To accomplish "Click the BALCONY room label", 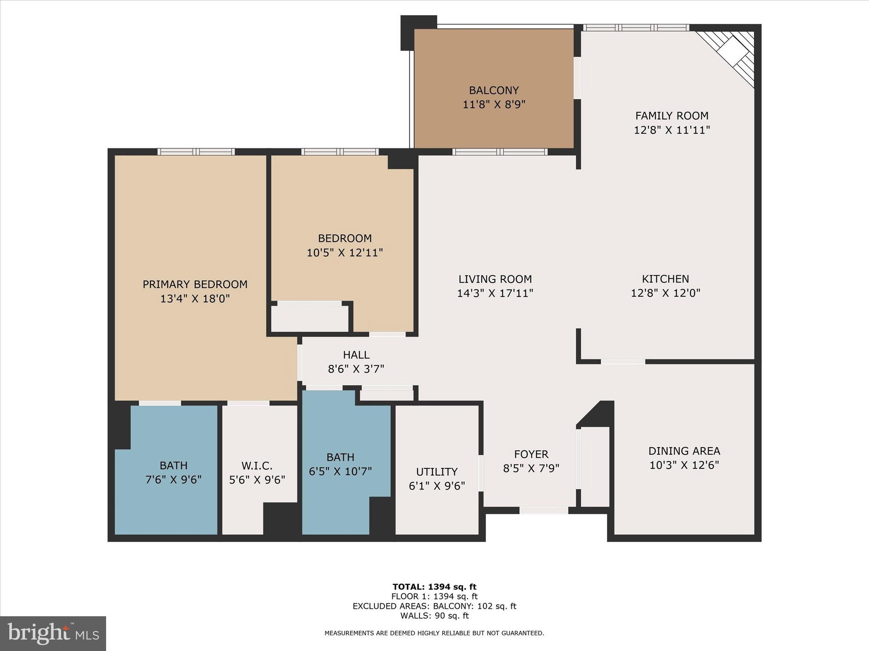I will click(x=493, y=90).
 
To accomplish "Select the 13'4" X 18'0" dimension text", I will click(x=195, y=299).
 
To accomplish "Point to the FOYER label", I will click(x=531, y=454).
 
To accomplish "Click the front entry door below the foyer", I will click(x=544, y=511).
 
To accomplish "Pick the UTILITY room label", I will click(x=437, y=472).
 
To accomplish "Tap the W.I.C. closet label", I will click(x=257, y=466).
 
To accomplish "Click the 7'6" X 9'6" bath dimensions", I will click(x=173, y=480).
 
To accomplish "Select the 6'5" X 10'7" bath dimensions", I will click(x=340, y=471).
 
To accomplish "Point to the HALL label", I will click(x=356, y=355).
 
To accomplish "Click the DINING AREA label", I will click(x=684, y=451).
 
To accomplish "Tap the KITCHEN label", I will click(x=665, y=279).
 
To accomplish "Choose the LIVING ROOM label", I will click(x=495, y=279).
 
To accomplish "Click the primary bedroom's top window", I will click(x=196, y=152).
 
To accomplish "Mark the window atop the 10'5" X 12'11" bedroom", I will click(x=340, y=152).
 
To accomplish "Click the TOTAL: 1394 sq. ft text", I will click(x=434, y=587).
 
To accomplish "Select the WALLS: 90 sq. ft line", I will click(x=434, y=616).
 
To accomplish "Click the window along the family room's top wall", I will click(x=635, y=28).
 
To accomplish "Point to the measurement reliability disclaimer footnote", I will click(x=434, y=633).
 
